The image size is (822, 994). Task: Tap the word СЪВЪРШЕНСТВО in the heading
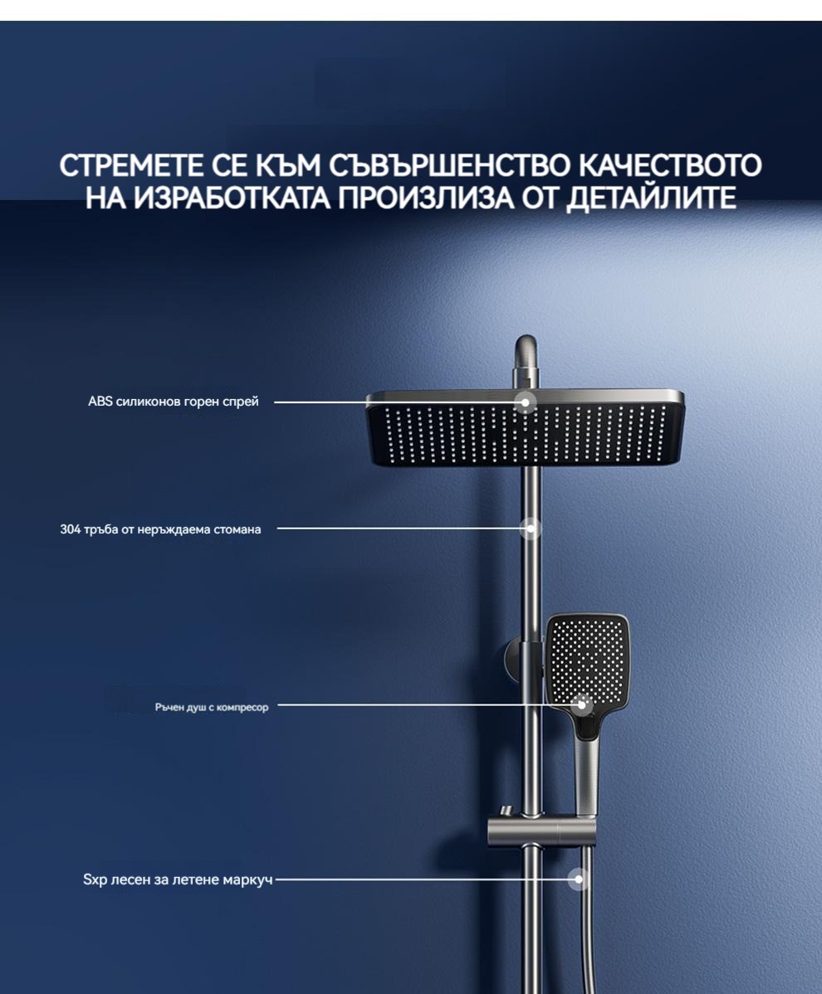[x=449, y=165]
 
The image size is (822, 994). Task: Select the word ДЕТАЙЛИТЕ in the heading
[x=651, y=197]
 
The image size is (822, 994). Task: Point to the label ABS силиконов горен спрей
[x=174, y=402]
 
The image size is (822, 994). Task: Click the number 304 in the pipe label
[x=70, y=529]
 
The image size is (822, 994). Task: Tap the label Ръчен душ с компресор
[x=212, y=707]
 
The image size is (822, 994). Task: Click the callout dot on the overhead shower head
[x=525, y=402]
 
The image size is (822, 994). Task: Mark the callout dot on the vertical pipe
[x=531, y=528]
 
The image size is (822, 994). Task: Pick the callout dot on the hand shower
[x=581, y=704]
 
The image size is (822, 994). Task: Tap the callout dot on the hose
[x=579, y=879]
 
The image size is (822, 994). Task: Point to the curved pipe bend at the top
[x=525, y=355]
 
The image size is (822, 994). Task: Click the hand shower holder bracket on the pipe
[x=541, y=830]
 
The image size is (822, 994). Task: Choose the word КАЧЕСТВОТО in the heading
[x=670, y=165]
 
